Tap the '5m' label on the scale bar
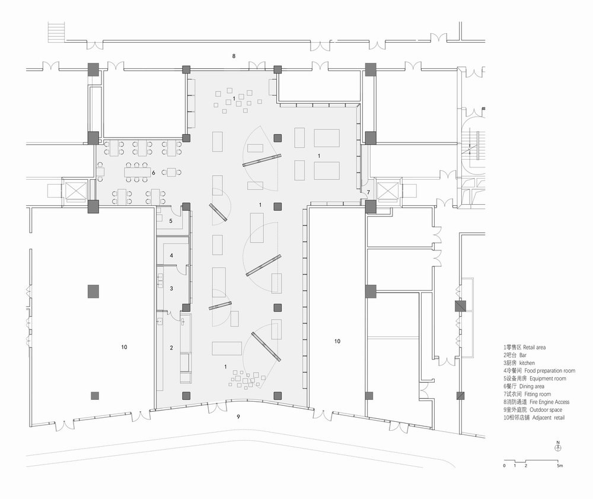(x=560, y=466)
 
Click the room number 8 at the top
(x=234, y=56)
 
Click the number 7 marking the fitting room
(x=368, y=193)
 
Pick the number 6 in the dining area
(x=154, y=173)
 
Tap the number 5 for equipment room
(x=171, y=221)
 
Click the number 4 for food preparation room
(x=171, y=255)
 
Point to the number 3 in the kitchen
(x=171, y=288)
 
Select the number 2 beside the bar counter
(x=171, y=348)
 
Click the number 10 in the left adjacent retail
(x=123, y=347)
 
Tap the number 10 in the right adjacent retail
(x=337, y=341)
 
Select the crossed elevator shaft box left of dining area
(x=75, y=191)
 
